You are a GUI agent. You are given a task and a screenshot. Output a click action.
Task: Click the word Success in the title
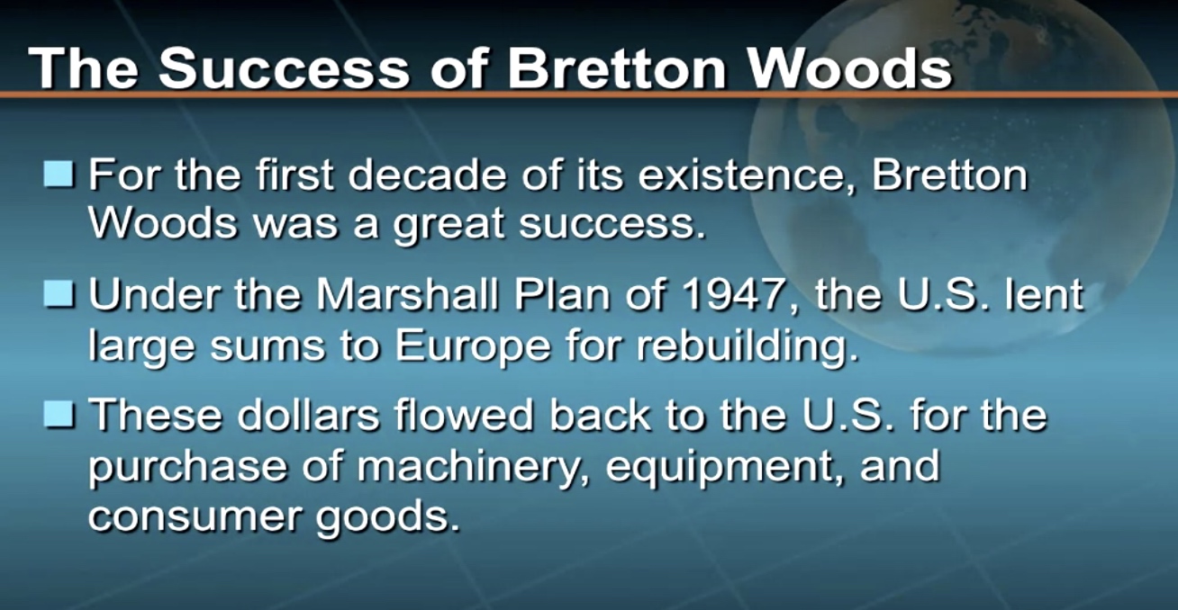point(284,68)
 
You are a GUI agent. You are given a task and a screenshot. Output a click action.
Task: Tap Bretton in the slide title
point(616,68)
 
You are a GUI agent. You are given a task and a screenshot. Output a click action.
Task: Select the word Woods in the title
point(850,68)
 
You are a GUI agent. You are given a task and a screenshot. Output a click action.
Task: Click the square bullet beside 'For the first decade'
point(59,174)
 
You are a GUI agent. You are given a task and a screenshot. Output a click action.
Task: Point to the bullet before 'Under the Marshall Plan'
point(59,293)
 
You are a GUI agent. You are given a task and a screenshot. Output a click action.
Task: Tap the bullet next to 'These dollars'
point(59,414)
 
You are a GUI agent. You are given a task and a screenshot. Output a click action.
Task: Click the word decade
point(427,175)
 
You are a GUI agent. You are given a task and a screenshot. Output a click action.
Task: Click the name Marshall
point(407,294)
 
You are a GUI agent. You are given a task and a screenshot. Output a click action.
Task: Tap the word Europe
point(473,346)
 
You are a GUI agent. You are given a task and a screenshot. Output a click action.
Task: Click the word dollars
point(308,414)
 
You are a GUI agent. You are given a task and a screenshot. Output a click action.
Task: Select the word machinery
point(471,467)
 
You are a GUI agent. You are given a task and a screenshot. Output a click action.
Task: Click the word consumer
point(194,517)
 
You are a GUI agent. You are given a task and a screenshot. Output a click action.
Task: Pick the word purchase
point(187,467)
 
